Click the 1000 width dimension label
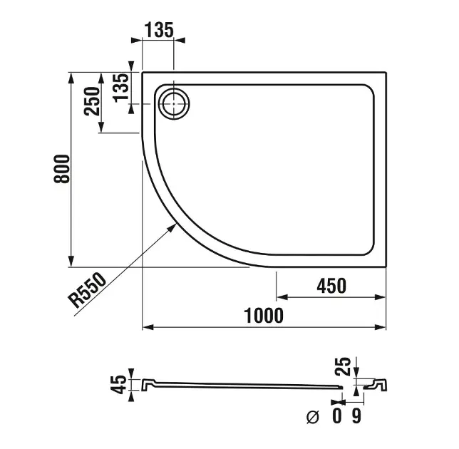pyautogui.click(x=264, y=315)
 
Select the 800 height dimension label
pyautogui.click(x=62, y=169)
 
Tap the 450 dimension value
pyautogui.click(x=331, y=286)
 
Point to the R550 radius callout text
pyautogui.click(x=87, y=290)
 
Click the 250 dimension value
pyautogui.click(x=92, y=101)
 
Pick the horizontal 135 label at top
pyautogui.click(x=159, y=30)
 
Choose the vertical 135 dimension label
pyautogui.click(x=121, y=88)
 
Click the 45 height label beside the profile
pyautogui.click(x=118, y=385)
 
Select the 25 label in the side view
pyautogui.click(x=343, y=366)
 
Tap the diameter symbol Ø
pyautogui.click(x=312, y=417)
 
